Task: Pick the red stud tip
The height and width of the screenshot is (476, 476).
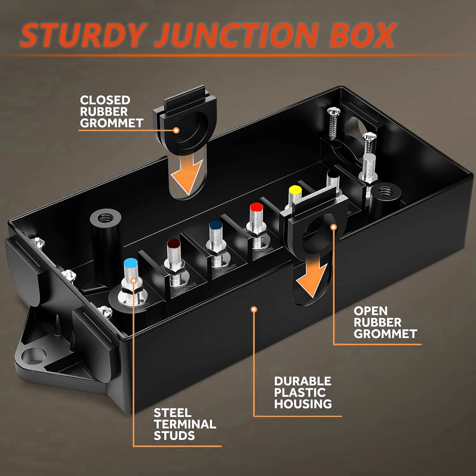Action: click(256, 207)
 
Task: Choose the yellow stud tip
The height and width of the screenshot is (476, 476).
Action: click(295, 190)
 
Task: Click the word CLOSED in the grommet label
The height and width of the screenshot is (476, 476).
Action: click(105, 100)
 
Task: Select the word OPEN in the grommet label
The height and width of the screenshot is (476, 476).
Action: click(371, 311)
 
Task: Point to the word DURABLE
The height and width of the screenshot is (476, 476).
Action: click(303, 381)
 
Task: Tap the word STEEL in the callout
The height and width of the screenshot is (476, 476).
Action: click(173, 413)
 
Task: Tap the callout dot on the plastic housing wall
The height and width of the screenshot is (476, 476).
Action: click(254, 310)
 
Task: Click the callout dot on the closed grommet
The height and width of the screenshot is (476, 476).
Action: click(176, 130)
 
